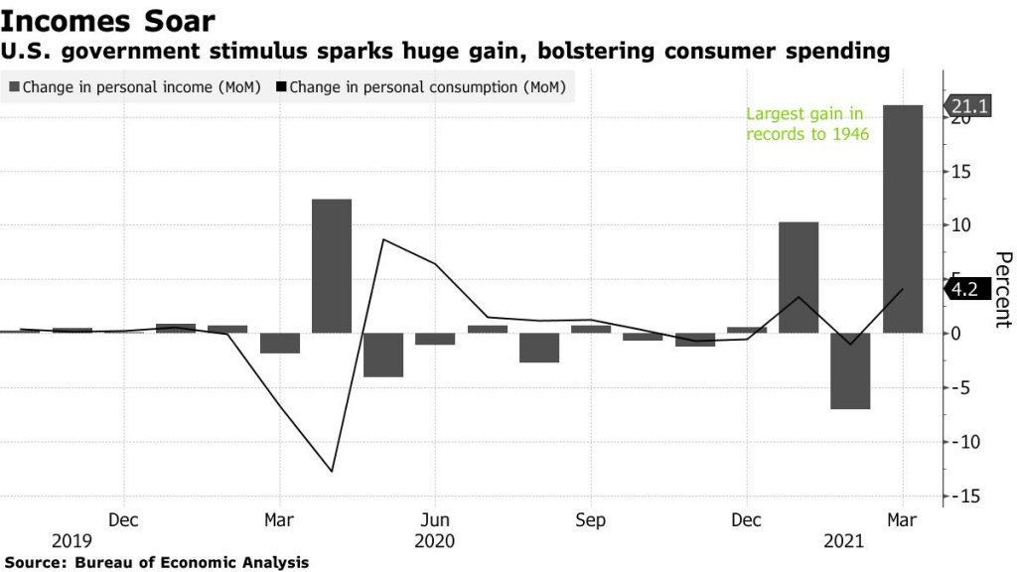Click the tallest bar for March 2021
[903, 218]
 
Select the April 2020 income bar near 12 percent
[332, 266]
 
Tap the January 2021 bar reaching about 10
[799, 277]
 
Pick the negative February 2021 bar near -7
[850, 370]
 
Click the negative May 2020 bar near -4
[383, 355]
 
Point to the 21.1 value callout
[968, 106]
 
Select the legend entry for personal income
[135, 87]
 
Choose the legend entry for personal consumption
[422, 87]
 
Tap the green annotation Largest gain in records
[807, 124]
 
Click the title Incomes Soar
[106, 20]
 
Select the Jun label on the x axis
[435, 519]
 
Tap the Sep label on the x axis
[591, 519]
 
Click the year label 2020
[435, 541]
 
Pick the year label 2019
[72, 541]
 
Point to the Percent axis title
[1002, 290]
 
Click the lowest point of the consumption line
[332, 472]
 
